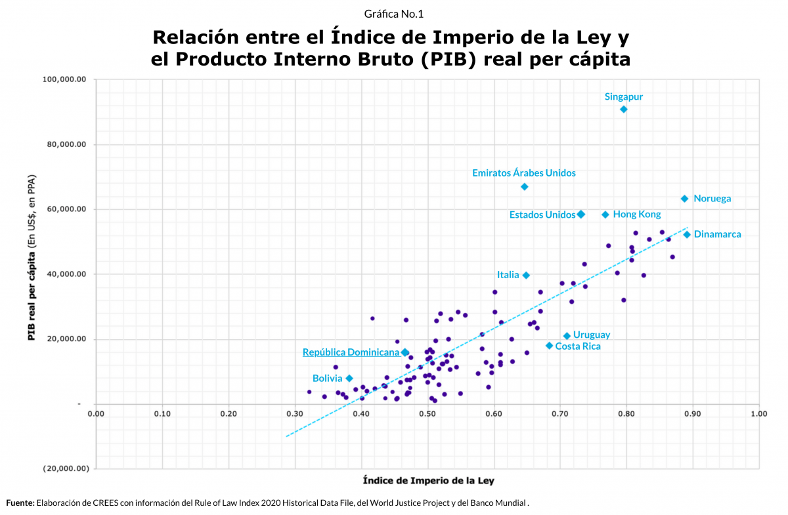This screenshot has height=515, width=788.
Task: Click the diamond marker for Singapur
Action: [x=624, y=109]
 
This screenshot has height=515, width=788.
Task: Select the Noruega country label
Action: [x=712, y=199]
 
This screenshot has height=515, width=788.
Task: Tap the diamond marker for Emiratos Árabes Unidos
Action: [x=525, y=187]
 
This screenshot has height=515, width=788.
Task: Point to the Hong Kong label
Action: [x=636, y=215]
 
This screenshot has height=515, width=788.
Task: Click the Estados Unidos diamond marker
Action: [x=581, y=215]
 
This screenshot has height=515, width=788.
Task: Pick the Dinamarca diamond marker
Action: [x=687, y=235]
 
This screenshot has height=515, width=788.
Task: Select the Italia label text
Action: [x=508, y=276]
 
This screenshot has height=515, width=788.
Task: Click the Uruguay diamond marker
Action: [x=567, y=336]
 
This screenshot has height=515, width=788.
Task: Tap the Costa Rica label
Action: [x=577, y=346]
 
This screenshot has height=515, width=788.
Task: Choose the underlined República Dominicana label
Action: [x=351, y=352]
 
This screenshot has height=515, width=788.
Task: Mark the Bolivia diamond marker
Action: [x=349, y=379]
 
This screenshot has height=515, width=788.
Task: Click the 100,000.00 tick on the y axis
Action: [x=64, y=80]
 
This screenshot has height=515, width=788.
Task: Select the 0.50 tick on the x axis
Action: [x=427, y=414]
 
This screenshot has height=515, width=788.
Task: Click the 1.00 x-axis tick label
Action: [x=759, y=414]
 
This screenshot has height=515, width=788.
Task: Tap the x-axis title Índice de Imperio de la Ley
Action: [x=428, y=480]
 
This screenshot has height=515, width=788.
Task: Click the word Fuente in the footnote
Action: [x=20, y=503]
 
